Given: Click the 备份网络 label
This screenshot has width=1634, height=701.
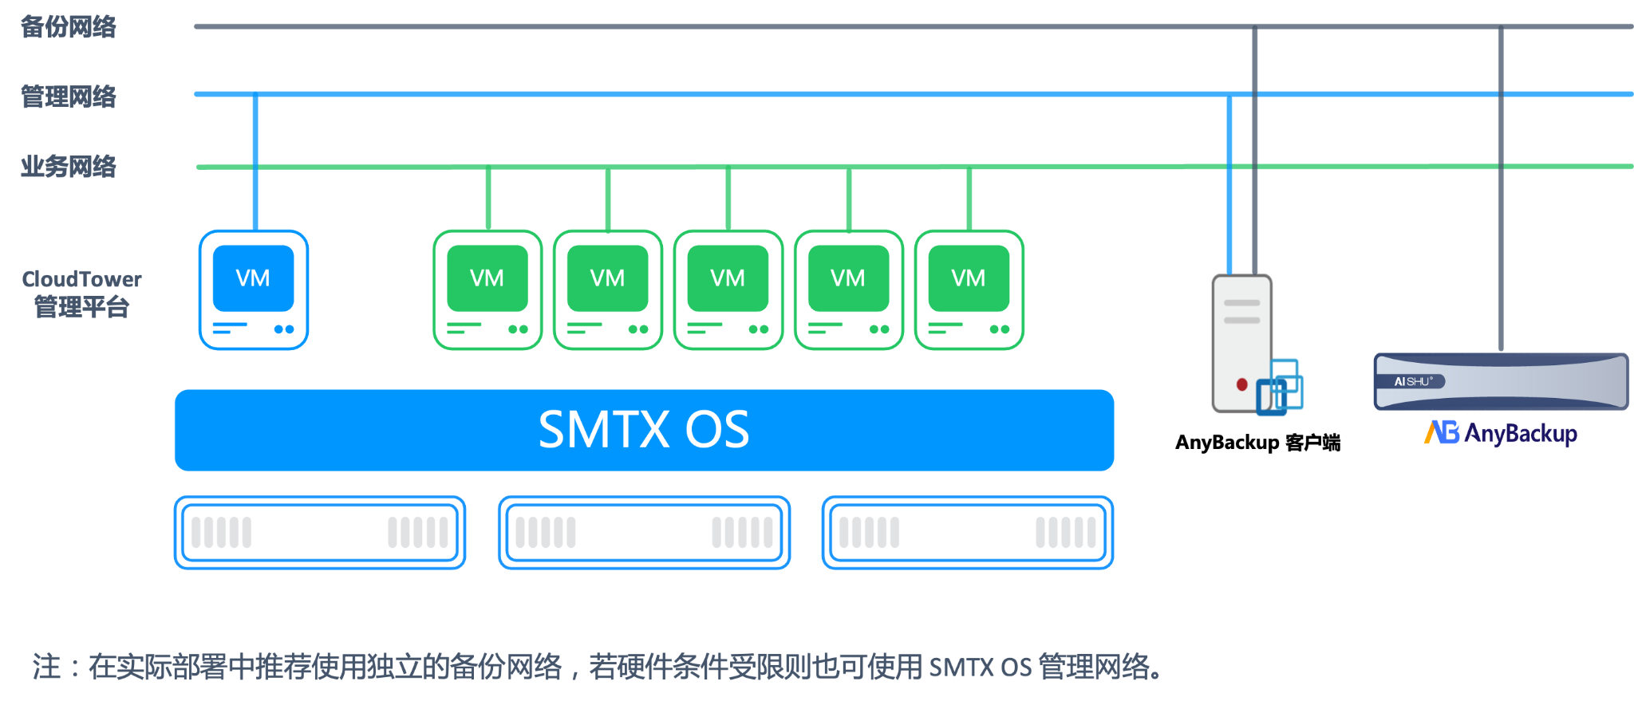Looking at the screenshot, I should (69, 27).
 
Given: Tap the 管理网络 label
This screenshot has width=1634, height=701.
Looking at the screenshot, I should (69, 97).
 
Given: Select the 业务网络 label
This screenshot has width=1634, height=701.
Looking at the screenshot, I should (69, 167).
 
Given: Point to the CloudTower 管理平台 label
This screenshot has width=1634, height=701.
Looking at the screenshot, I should (81, 293).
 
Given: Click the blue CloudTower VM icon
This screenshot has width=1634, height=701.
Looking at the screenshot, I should (254, 289).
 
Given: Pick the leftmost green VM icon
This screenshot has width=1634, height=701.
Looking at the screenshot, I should (487, 289).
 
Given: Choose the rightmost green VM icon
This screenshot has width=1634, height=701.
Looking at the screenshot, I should (969, 289).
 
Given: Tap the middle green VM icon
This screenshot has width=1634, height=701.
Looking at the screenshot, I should (728, 289).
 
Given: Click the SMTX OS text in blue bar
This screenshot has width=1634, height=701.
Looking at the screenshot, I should (644, 430).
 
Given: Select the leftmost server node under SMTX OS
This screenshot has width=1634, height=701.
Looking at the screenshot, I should (320, 532).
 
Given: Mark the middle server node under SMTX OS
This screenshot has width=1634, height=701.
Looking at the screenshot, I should (644, 532).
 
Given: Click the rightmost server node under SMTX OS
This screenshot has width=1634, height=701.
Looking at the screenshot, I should (967, 532).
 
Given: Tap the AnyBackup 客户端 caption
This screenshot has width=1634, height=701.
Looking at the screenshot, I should (1257, 443).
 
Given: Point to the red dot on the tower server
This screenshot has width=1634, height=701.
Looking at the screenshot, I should (1241, 384).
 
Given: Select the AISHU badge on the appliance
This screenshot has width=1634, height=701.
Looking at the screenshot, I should (1414, 381).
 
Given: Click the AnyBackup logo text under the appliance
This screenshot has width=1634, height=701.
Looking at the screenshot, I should (1501, 433).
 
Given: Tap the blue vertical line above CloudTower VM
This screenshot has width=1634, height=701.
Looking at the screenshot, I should (255, 159).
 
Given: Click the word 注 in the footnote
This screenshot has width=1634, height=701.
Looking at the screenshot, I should (46, 667).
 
